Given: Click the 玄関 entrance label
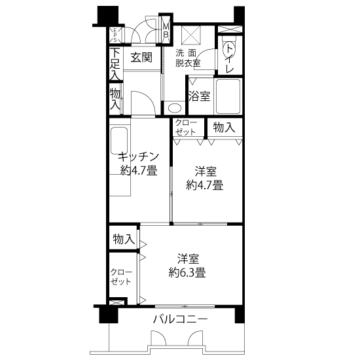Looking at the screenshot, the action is [141, 58].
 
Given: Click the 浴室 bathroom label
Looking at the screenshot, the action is [200, 96].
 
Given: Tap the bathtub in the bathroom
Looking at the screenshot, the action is [228, 96].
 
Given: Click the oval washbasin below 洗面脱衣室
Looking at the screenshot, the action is [174, 108].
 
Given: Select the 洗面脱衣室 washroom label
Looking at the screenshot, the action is [188, 58].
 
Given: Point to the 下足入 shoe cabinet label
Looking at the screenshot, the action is [115, 64].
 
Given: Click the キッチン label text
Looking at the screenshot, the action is [139, 157].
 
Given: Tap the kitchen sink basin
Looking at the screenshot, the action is [119, 141].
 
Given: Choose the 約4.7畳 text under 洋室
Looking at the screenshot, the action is [205, 185].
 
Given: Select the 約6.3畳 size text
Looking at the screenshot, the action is [187, 272].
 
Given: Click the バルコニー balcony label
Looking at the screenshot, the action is [181, 319].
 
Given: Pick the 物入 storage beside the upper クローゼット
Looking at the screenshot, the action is [224, 128].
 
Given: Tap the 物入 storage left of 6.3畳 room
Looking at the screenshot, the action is [124, 239].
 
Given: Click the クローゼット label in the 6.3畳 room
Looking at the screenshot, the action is [121, 277].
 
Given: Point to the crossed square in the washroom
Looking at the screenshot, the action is [190, 35].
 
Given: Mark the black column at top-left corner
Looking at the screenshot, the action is [108, 15].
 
